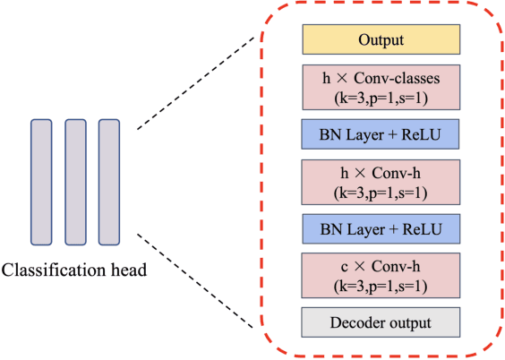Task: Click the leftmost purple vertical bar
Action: [x=42, y=181]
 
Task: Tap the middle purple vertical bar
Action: [x=75, y=181]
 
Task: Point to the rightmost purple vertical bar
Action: [x=108, y=181]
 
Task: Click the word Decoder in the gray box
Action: [x=360, y=321]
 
